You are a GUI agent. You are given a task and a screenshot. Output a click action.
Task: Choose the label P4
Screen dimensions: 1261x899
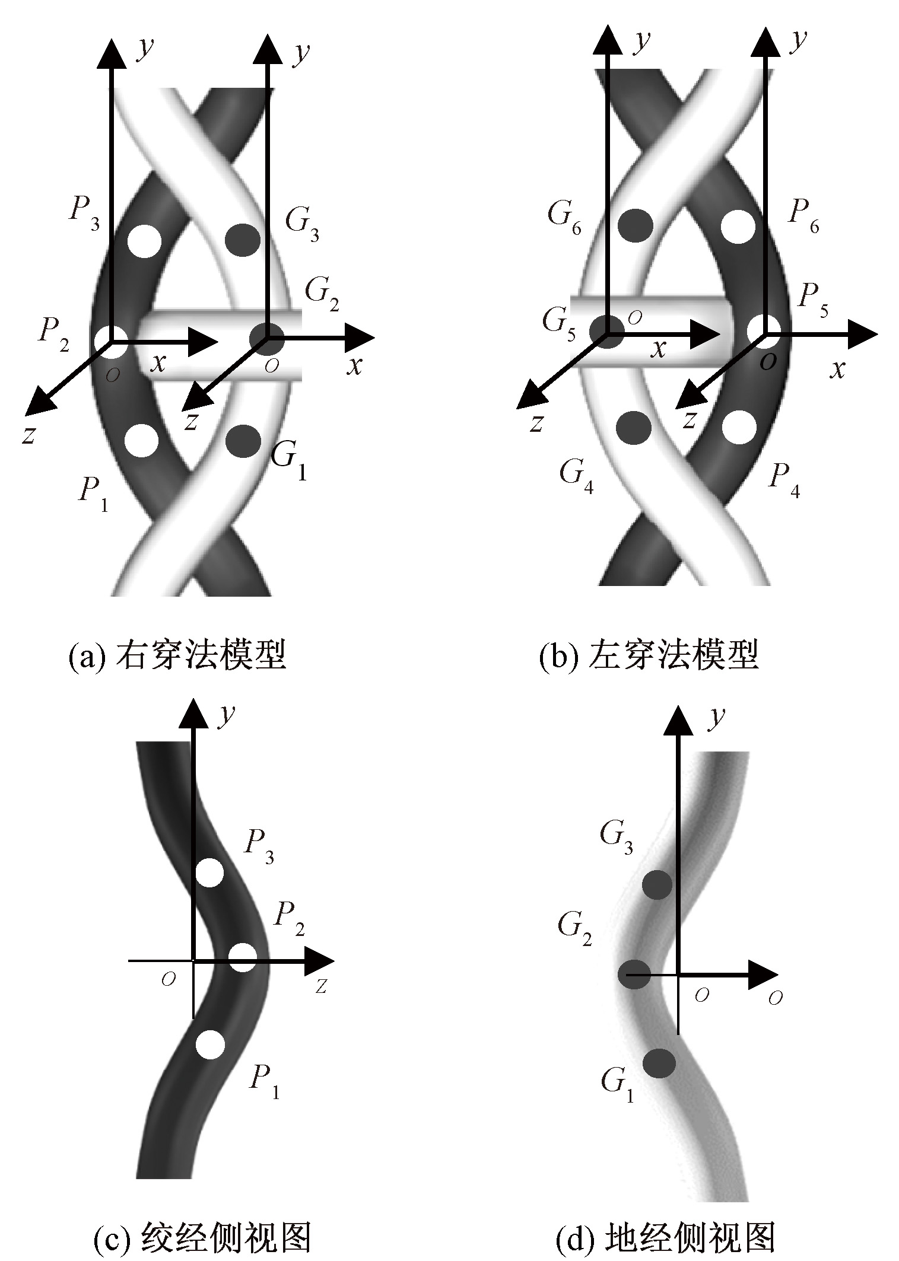(784, 479)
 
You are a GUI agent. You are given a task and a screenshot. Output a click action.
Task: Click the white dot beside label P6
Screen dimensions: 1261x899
(738, 226)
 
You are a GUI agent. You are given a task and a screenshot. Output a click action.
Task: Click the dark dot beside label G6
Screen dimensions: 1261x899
(636, 225)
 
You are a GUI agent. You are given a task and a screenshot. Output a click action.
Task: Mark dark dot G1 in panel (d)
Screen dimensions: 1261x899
(659, 1063)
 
